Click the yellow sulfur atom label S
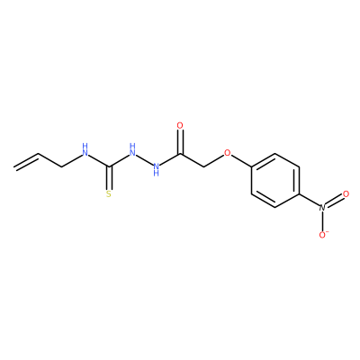click(x=109, y=194)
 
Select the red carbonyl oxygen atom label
click(x=180, y=126)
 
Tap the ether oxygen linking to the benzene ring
click(x=228, y=153)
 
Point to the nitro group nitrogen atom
click(x=322, y=208)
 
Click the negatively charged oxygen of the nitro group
click(x=322, y=235)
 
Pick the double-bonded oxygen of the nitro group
click(x=346, y=194)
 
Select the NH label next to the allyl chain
click(x=85, y=150)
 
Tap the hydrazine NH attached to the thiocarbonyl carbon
click(x=132, y=150)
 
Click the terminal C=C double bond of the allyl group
click(x=26, y=161)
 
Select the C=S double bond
click(x=110, y=178)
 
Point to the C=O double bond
click(x=180, y=142)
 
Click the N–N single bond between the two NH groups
click(x=144, y=159)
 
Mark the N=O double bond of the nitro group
click(x=333, y=201)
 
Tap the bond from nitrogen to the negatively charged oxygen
click(x=322, y=221)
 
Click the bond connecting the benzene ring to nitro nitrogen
click(x=310, y=200)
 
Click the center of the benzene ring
click(x=275, y=180)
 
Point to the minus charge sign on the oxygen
click(x=328, y=232)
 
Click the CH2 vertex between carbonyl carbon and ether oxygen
click(x=204, y=166)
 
